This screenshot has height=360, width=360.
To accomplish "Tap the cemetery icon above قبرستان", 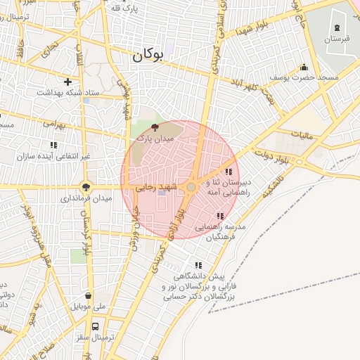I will pyautogui.click(x=337, y=27).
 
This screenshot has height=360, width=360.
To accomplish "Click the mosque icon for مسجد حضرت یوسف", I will pyautogui.click(x=304, y=67).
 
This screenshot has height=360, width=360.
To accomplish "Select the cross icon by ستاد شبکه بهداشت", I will pyautogui.click(x=67, y=82).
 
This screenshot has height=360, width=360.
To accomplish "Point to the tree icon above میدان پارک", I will pyautogui.click(x=155, y=127).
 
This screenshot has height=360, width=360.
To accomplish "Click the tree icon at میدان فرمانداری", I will pyautogui.click(x=86, y=187).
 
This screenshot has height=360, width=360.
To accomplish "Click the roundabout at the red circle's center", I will pyautogui.click(x=191, y=187).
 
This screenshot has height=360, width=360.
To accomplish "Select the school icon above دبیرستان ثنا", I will pyautogui.click(x=229, y=172).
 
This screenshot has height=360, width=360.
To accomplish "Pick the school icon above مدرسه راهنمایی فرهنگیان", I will pyautogui.click(x=220, y=216).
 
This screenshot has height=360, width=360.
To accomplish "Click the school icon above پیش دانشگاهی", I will pyautogui.click(x=198, y=265).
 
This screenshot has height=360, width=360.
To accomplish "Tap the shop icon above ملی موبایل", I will pyautogui.click(x=88, y=295).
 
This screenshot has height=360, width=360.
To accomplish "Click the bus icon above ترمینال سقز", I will pyautogui.click(x=95, y=326).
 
